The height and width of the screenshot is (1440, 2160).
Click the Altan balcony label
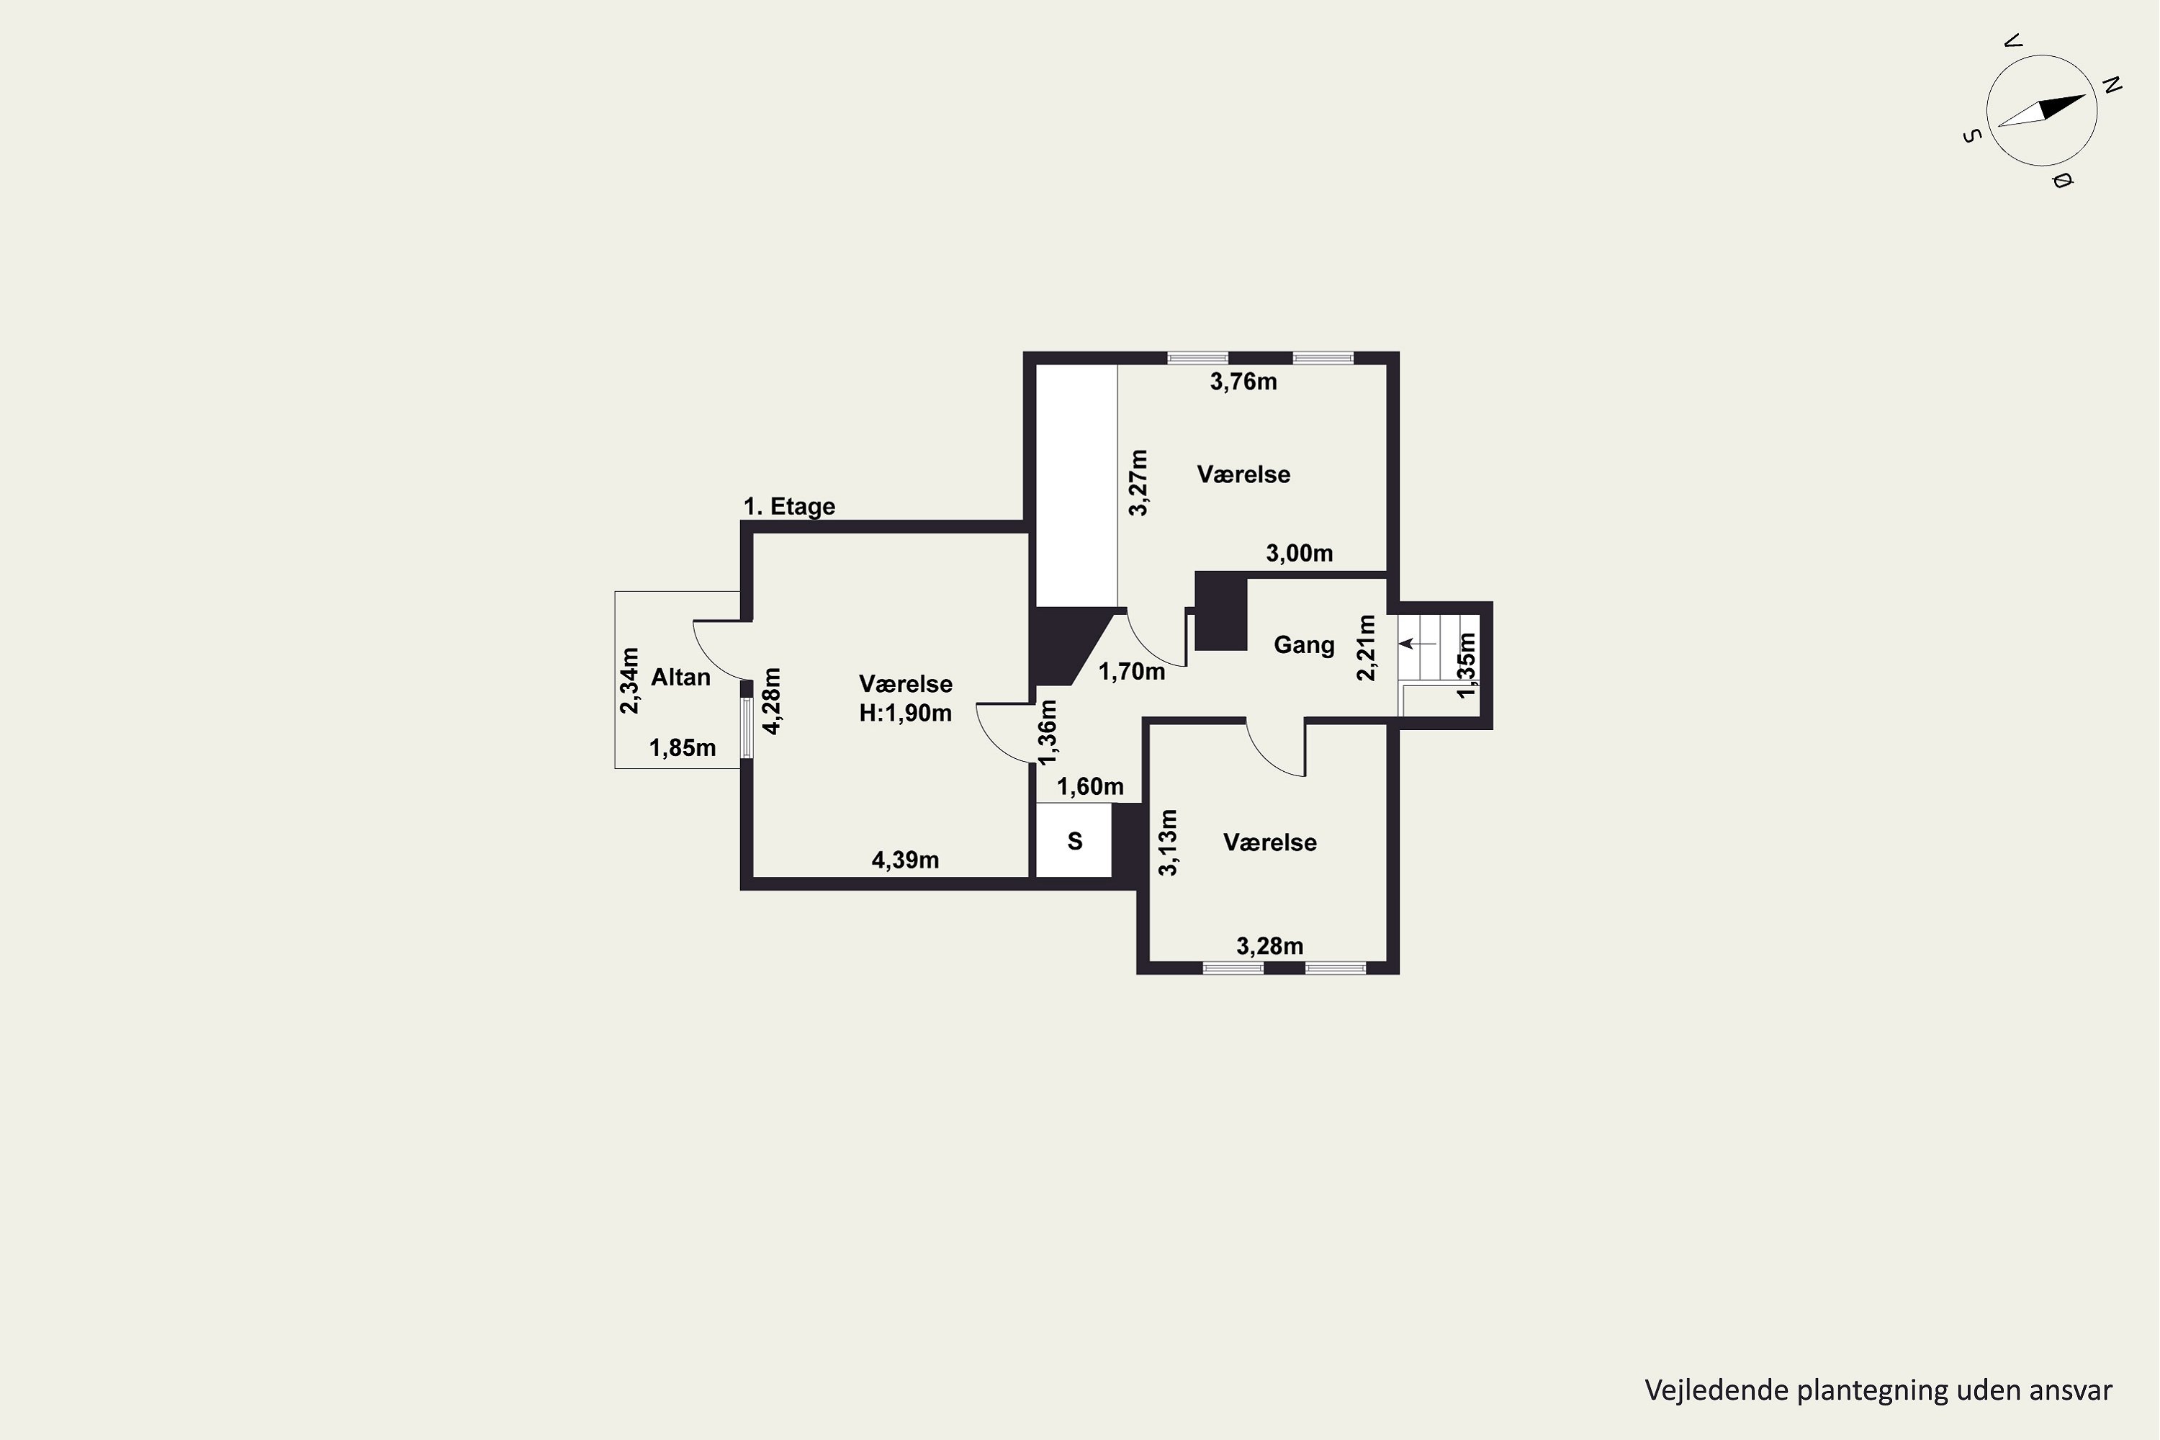tap(680, 678)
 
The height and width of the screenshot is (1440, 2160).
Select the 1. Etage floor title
tap(789, 506)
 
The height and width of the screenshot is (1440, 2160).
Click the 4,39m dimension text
tap(904, 860)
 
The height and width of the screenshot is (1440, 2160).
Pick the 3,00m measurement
tap(1300, 554)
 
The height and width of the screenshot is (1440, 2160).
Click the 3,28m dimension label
tap(1269, 946)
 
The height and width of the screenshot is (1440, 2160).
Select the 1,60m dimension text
tap(1090, 787)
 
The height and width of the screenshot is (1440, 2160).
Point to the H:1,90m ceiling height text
tap(906, 714)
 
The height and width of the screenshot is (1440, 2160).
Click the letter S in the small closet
tap(1074, 841)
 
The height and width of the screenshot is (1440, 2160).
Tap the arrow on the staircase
tap(1417, 644)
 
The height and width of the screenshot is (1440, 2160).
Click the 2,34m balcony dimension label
tap(629, 680)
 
